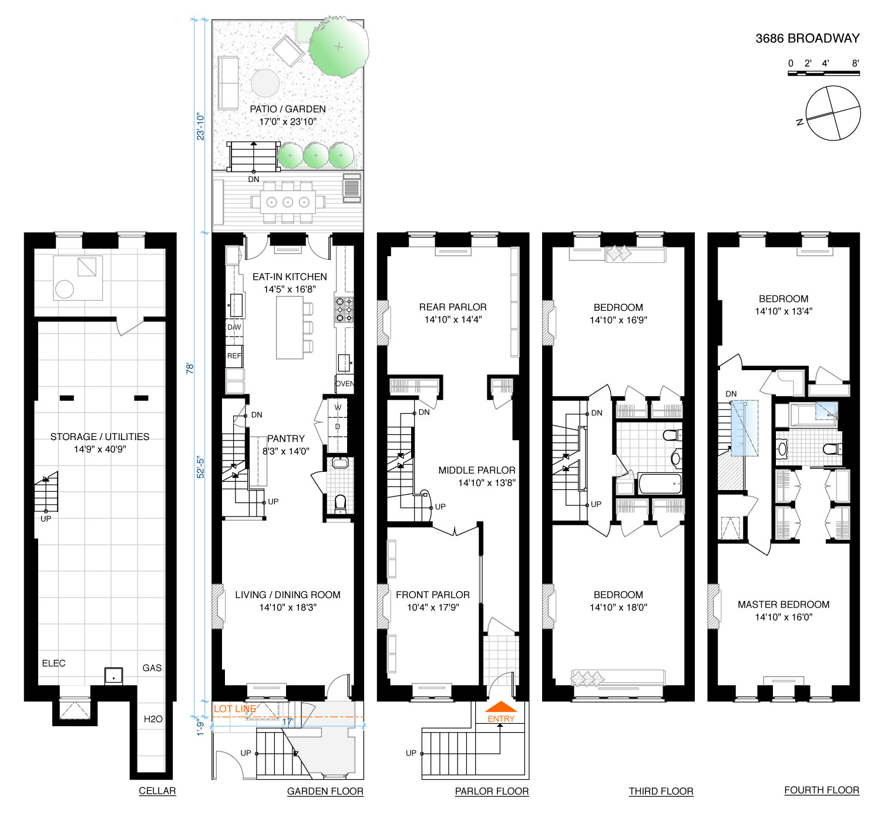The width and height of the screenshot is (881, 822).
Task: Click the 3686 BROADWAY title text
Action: [x=807, y=39]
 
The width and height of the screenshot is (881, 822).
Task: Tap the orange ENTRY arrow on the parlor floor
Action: [x=500, y=706]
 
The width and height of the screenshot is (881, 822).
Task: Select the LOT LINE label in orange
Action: [x=235, y=709]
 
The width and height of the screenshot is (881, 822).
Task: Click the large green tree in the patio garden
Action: [x=338, y=46]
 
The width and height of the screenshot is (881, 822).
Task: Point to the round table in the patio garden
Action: [x=265, y=83]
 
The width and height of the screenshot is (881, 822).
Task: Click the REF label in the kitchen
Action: [x=234, y=355]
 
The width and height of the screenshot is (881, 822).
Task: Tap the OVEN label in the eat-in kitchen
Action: [x=344, y=384]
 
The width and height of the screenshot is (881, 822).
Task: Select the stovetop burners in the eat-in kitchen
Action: [x=344, y=309]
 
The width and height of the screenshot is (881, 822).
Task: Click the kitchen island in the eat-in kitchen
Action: [x=289, y=327]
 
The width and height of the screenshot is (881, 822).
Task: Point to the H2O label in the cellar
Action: [x=153, y=719]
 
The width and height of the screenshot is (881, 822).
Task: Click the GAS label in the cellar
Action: [x=152, y=668]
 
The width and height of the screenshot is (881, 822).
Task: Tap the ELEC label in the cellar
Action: [x=53, y=663]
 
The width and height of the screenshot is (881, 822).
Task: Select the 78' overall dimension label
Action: [x=190, y=368]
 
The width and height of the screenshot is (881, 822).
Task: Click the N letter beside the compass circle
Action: [x=799, y=122]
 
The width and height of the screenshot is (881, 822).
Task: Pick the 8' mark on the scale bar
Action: [x=855, y=63]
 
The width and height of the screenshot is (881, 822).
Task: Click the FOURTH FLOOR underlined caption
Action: [x=822, y=790]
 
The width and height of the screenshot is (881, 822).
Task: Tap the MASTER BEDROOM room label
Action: [x=784, y=604]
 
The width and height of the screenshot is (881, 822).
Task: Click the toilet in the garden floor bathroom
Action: [x=340, y=504]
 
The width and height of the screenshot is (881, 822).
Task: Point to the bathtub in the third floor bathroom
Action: [x=660, y=484]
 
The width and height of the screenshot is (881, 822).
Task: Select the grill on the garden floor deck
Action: [x=351, y=185]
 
